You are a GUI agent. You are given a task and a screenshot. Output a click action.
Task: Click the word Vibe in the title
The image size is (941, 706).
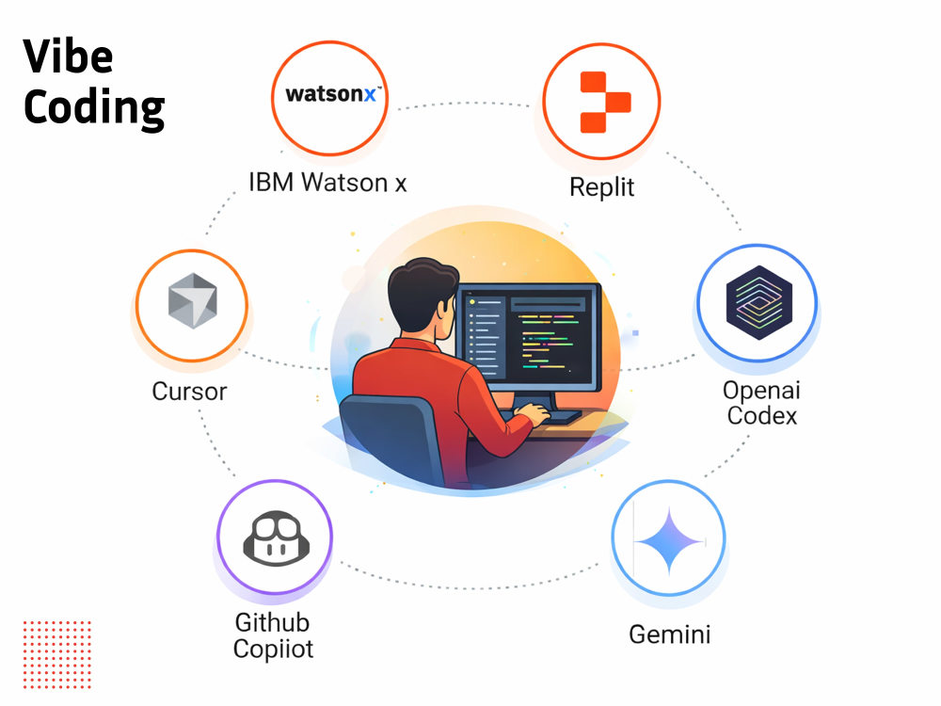68,56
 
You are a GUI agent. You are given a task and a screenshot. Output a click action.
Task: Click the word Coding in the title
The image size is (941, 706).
94,108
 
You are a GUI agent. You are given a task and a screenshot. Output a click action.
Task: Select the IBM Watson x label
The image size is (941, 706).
327,183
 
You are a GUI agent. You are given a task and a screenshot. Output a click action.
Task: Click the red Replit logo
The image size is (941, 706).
605,102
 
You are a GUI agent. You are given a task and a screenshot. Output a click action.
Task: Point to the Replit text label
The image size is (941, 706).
601,187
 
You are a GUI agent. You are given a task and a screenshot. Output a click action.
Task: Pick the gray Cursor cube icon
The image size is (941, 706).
192,301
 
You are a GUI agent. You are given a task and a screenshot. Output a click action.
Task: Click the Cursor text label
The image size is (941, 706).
190,392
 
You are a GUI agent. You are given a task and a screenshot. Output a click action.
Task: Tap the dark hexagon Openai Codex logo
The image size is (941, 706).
759,302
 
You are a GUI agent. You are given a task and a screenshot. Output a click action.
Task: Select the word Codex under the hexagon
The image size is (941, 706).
762,415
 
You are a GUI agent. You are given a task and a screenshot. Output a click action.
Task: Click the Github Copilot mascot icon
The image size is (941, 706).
276,538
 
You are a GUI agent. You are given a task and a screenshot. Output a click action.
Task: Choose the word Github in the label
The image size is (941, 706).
272,622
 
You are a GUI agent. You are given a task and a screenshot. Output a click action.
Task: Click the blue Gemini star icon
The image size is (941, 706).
669,541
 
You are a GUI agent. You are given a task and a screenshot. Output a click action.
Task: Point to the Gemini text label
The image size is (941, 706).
670,634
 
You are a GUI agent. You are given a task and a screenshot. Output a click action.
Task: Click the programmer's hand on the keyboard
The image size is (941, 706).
531,413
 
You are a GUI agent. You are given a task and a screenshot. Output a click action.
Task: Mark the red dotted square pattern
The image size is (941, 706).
57,654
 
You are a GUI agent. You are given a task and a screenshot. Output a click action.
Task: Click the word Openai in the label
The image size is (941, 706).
761,391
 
